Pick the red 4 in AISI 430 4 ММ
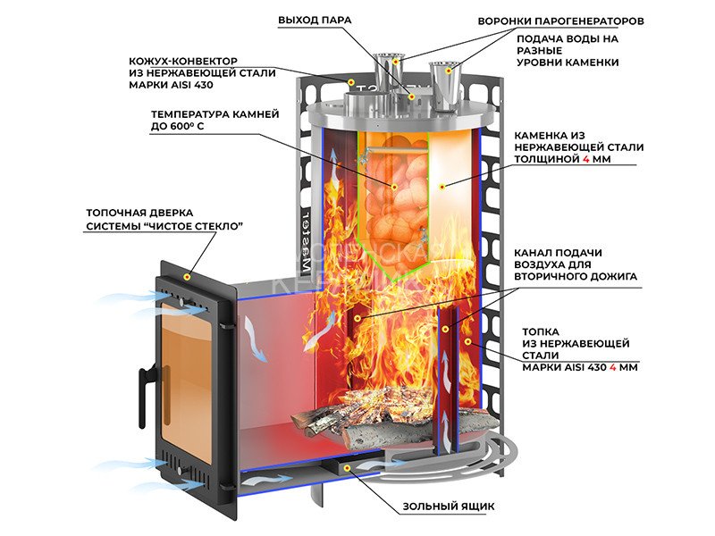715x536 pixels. (x=612, y=367)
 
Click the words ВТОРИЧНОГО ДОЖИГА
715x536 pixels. (x=580, y=278)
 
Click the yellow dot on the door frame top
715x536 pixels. (x=186, y=278)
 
